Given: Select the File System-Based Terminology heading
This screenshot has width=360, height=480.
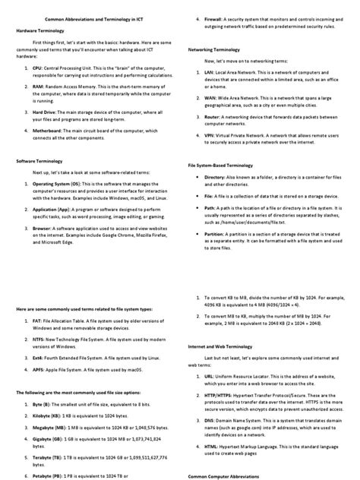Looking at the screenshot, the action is [223, 165].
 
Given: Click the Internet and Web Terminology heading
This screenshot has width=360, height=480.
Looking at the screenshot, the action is [223, 345].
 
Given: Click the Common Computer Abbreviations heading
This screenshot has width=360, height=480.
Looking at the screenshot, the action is [224, 475].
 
